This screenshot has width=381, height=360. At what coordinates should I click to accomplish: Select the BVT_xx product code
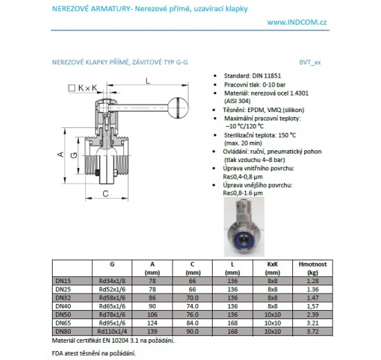311,62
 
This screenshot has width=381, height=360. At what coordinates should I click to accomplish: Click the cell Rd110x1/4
112,332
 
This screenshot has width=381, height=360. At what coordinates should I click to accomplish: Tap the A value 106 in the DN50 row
152,315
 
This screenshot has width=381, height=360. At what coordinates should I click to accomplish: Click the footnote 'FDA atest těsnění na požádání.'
94,353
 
